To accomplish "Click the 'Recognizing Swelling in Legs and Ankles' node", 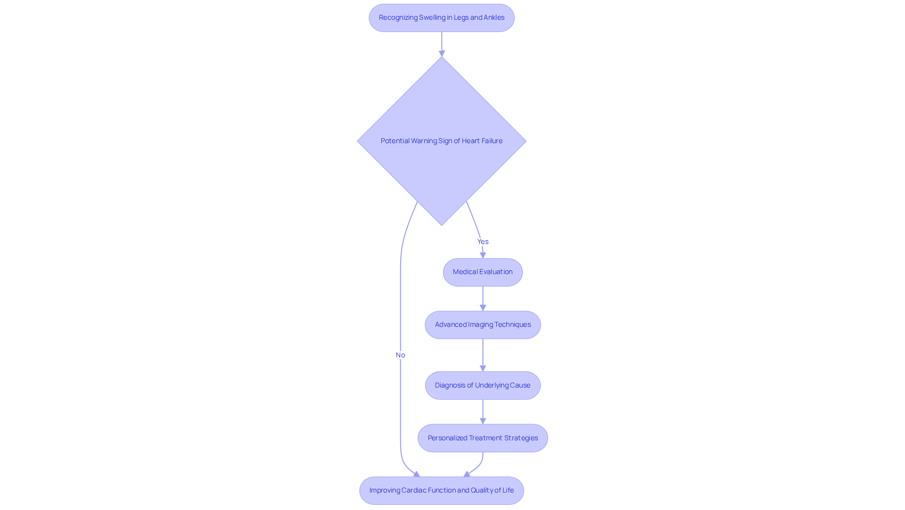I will pyautogui.click(x=441, y=18).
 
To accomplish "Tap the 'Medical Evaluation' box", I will pyautogui.click(x=483, y=272).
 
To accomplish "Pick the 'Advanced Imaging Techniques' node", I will pyautogui.click(x=483, y=325).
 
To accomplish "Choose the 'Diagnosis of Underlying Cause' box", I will pyautogui.click(x=483, y=386).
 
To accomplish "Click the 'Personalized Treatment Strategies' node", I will pyautogui.click(x=483, y=438).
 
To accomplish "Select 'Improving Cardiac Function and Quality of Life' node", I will pyautogui.click(x=441, y=491).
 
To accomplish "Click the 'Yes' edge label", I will pyautogui.click(x=483, y=242).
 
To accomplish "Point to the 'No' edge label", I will pyautogui.click(x=400, y=355).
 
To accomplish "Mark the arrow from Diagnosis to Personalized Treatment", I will pyautogui.click(x=483, y=411).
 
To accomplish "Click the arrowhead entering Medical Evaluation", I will pyautogui.click(x=483, y=255).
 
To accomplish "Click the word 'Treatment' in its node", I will pyautogui.click(x=484, y=438).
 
